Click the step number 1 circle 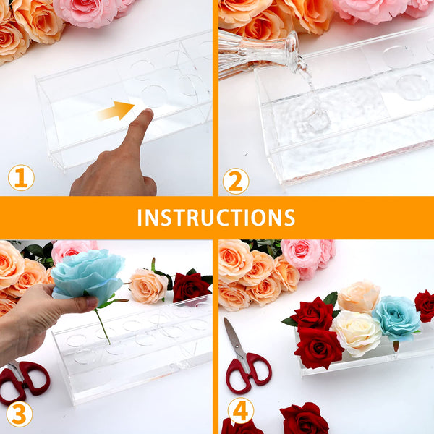tap(21, 178)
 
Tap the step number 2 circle tap(236, 181)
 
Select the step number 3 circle tap(20, 414)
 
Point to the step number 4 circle tap(241, 411)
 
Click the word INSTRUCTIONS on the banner tap(216, 218)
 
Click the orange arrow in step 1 tap(116, 111)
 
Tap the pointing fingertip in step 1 tap(148, 113)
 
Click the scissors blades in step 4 tap(234, 336)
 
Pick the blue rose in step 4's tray tap(397, 318)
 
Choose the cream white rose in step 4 tap(357, 333)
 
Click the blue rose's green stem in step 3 tap(103, 327)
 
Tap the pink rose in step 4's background tap(306, 256)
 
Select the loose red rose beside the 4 tap(304, 419)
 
